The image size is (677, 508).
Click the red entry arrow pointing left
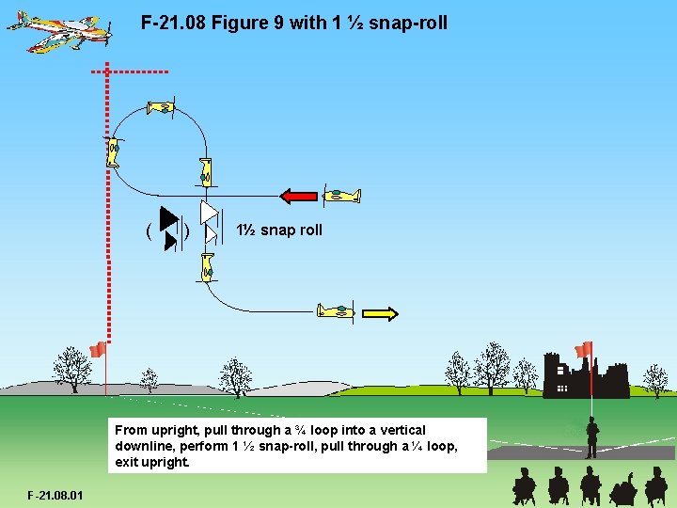[x=300, y=196]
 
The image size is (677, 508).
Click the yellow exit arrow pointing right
[x=380, y=313]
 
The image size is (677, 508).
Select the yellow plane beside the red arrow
[x=340, y=196]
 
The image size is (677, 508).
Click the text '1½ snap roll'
[x=278, y=230]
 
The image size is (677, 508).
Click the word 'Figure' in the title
[x=243, y=21]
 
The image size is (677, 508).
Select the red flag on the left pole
[x=97, y=350]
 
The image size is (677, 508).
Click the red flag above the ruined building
[x=584, y=350]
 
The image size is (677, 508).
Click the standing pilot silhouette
[x=592, y=437]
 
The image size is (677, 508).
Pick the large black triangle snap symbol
[x=168, y=218]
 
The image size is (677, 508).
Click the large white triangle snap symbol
[x=209, y=214]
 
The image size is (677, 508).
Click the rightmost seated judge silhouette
[x=655, y=488]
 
